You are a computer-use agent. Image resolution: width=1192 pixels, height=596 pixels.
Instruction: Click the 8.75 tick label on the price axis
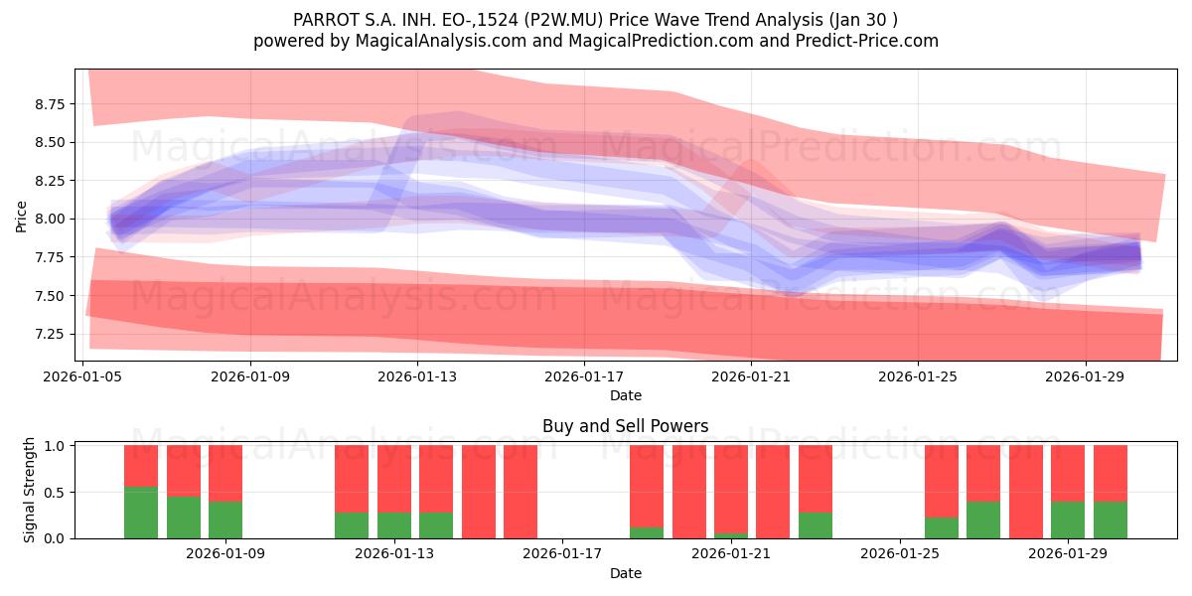(50, 103)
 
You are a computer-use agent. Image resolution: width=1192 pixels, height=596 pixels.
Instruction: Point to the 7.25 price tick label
(50, 334)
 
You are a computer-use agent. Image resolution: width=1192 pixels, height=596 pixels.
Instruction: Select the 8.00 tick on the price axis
(50, 220)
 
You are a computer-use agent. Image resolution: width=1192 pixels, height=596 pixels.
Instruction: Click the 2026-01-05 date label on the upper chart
(82, 376)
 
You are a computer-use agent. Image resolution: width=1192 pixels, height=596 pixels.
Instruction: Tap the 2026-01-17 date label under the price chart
(584, 376)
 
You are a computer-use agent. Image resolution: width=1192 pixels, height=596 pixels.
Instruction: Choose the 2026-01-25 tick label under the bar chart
(900, 553)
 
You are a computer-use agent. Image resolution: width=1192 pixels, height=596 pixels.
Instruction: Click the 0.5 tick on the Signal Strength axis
(56, 493)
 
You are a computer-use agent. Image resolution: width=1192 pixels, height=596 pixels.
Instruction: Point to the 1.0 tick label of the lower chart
(56, 446)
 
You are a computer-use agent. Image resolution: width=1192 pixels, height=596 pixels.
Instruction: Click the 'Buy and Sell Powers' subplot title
(625, 426)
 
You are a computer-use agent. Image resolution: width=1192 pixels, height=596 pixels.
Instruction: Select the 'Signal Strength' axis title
(29, 490)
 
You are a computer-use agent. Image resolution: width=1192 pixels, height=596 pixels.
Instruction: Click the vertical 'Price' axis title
(21, 217)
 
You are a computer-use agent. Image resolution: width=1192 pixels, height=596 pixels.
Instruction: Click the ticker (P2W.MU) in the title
(563, 20)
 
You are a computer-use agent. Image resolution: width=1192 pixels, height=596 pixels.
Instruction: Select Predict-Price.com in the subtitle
(867, 41)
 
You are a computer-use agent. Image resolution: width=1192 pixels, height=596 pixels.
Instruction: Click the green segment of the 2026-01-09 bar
(225, 520)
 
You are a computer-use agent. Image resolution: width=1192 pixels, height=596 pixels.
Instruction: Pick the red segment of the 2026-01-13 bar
(394, 479)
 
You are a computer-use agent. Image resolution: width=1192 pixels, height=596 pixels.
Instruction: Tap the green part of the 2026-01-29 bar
(1068, 520)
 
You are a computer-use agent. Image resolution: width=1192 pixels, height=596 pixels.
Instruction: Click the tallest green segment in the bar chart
(141, 513)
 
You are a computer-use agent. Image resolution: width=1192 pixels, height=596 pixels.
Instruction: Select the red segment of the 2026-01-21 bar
(731, 489)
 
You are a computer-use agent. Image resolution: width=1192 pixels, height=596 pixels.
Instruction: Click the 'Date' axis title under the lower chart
(625, 573)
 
